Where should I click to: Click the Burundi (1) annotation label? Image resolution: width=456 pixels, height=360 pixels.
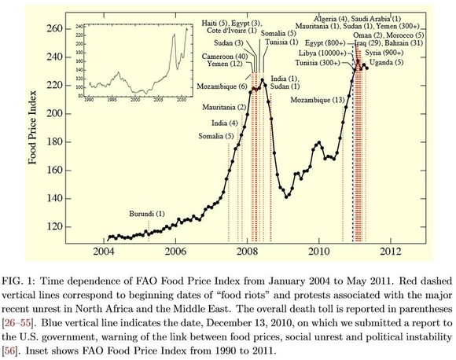[148, 214]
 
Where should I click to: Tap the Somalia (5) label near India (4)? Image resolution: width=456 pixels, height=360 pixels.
[217, 136]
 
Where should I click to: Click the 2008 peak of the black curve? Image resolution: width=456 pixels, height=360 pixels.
[263, 80]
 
